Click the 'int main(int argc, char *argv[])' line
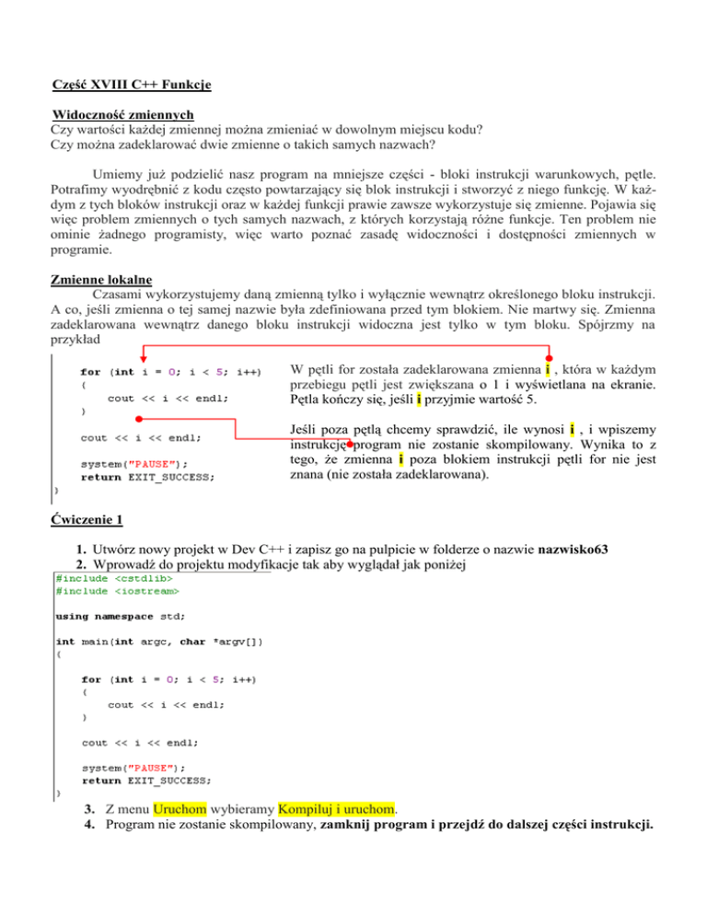click(x=159, y=643)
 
